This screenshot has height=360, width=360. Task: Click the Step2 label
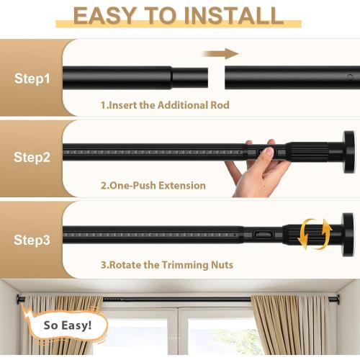click(x=32, y=157)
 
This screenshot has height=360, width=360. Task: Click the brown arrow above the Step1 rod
click(x=220, y=53)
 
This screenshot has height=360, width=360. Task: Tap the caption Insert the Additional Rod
click(x=165, y=105)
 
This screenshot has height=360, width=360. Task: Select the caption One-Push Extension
click(x=153, y=185)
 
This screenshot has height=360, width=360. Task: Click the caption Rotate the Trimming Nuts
click(x=166, y=265)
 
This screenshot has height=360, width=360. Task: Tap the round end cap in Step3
click(x=348, y=232)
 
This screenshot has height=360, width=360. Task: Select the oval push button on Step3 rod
click(x=264, y=235)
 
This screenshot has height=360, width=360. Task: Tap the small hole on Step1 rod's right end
click(x=350, y=76)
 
